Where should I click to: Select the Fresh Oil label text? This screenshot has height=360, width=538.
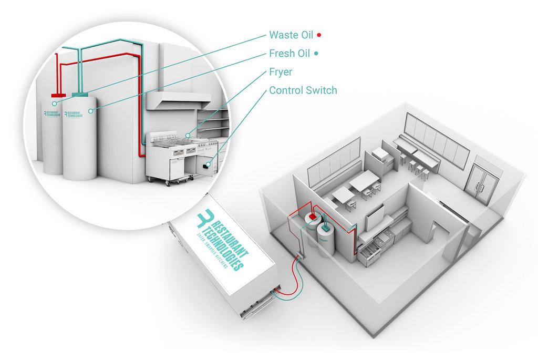tap(289, 53)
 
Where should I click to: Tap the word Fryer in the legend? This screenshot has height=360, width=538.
tap(281, 71)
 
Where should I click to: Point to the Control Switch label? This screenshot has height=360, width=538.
tap(303, 90)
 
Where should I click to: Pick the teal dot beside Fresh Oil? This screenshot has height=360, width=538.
tap(316, 54)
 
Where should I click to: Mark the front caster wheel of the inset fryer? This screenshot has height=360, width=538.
tap(167, 182)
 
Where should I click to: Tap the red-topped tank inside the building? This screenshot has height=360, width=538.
tap(310, 229)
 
